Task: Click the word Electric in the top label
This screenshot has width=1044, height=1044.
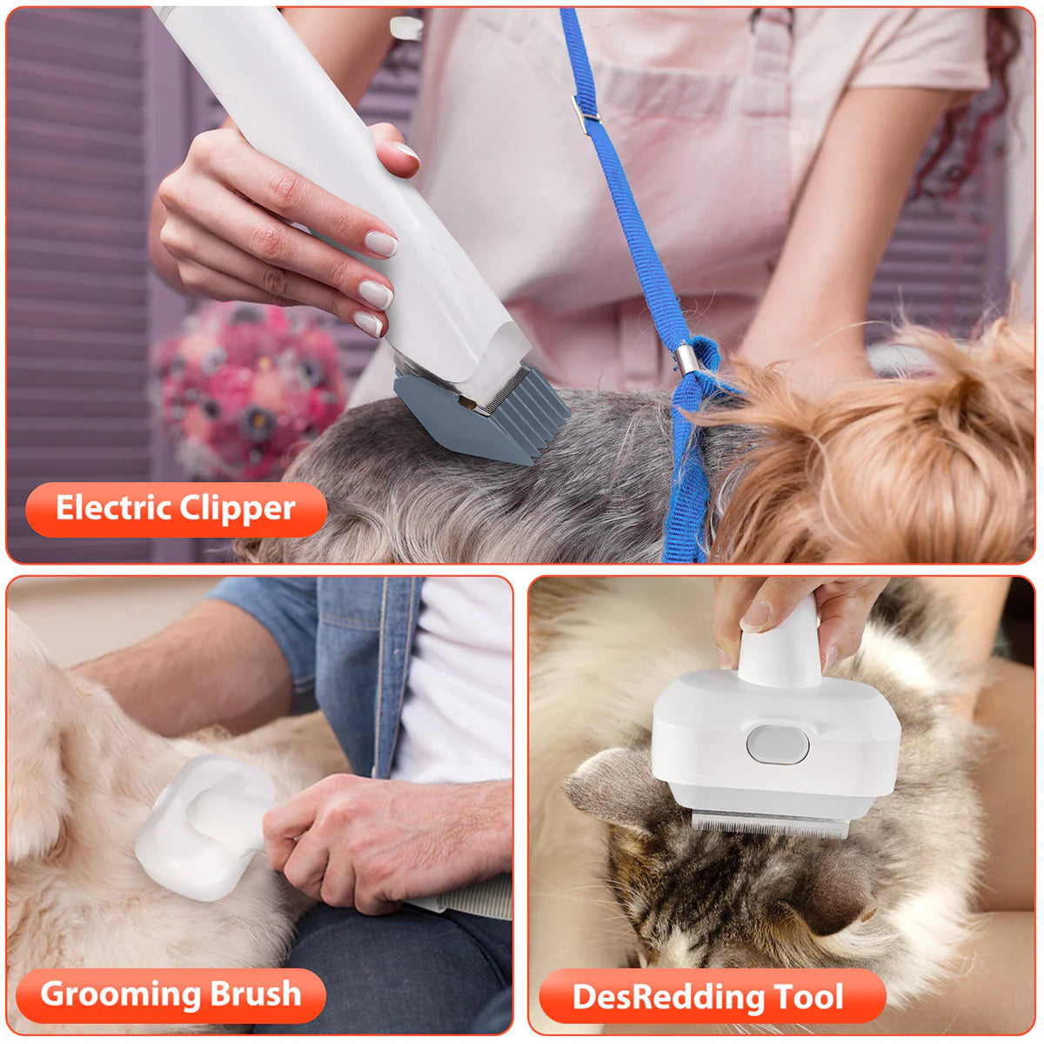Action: click(x=112, y=508)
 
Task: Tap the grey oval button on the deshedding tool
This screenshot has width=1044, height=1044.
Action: click(x=777, y=745)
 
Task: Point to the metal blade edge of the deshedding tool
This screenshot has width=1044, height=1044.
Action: click(x=769, y=823)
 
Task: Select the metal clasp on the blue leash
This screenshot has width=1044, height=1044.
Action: click(x=686, y=358)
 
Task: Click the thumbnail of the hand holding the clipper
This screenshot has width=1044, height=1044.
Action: click(x=405, y=153)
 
